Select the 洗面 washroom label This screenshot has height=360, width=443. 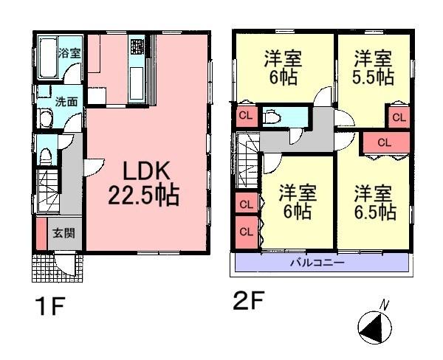coord(67,102)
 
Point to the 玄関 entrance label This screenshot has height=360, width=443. coord(61,234)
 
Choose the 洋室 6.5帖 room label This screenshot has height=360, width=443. coord(374,204)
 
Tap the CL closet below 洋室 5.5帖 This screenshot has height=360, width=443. coord(398,117)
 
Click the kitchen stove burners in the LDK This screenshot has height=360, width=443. coord(137,48)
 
